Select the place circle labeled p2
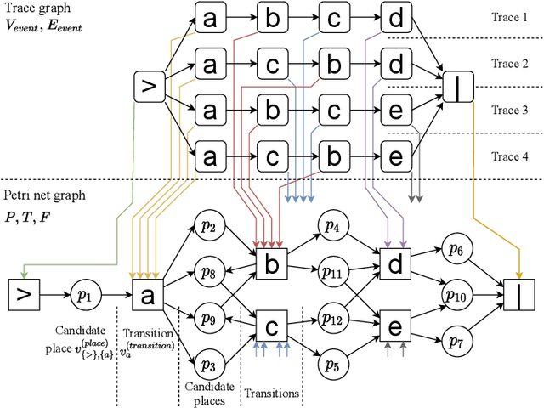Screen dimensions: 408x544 (208, 226)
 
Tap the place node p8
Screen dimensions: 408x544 (208, 273)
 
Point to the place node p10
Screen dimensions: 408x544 (456, 295)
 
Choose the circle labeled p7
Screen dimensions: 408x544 (456, 341)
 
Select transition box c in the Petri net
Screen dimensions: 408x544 (271, 327)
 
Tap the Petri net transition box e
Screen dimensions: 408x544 (395, 327)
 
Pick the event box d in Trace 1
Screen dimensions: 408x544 (395, 16)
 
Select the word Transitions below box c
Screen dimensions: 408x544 (270, 394)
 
